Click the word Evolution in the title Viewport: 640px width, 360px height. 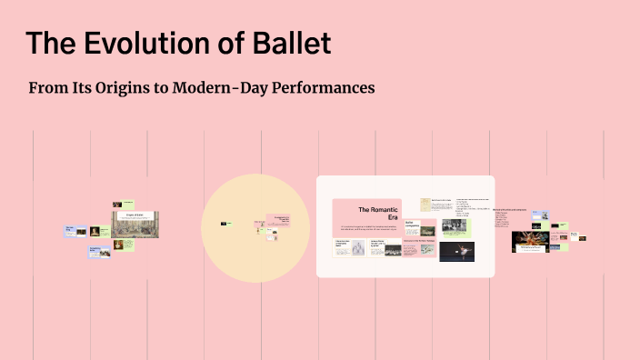coord(153,43)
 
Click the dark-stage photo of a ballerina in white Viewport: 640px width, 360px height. coord(456,251)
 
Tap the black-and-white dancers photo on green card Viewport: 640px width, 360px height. coord(454,225)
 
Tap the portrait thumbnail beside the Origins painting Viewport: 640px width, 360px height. coord(95,231)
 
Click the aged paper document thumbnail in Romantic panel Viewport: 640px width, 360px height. coord(425,205)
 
